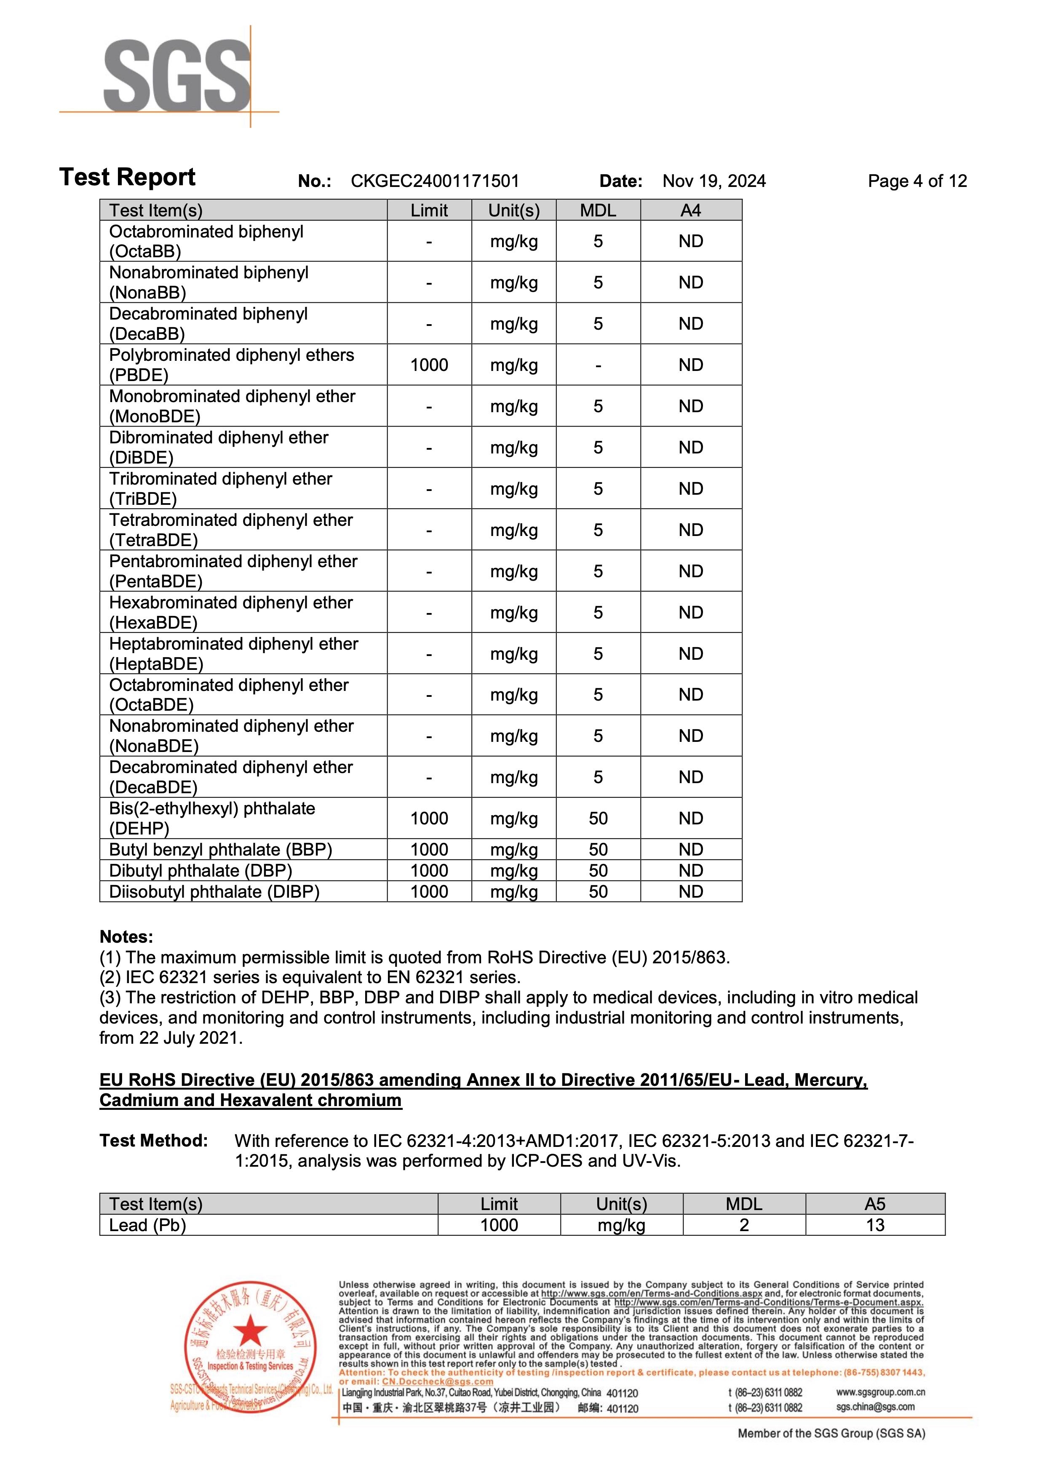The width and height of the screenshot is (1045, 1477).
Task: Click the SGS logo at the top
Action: click(x=177, y=76)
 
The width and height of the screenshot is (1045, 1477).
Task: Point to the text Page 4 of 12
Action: click(x=917, y=181)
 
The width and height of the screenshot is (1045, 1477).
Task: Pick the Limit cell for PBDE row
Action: click(x=429, y=365)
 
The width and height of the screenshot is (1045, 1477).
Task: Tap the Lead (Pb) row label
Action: click(x=147, y=1226)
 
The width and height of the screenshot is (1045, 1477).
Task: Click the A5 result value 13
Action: click(x=875, y=1226)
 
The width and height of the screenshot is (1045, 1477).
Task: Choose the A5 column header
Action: click(x=875, y=1204)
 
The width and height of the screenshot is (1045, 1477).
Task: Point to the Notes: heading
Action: click(x=126, y=937)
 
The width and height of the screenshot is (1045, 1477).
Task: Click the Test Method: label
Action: click(x=154, y=1141)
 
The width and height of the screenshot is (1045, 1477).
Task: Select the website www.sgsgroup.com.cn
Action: click(x=880, y=1393)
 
